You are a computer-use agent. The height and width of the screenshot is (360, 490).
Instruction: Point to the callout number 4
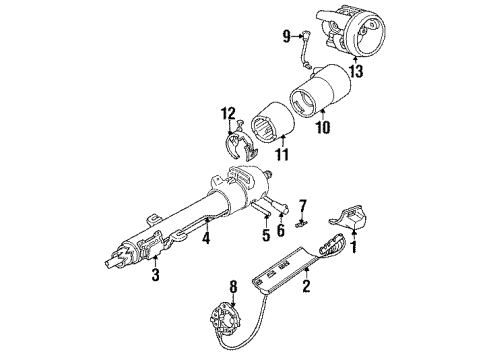[x=206, y=239]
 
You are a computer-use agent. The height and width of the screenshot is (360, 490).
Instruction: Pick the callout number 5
[x=267, y=237]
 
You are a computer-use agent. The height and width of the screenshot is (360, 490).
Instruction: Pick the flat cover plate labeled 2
[x=300, y=256]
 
